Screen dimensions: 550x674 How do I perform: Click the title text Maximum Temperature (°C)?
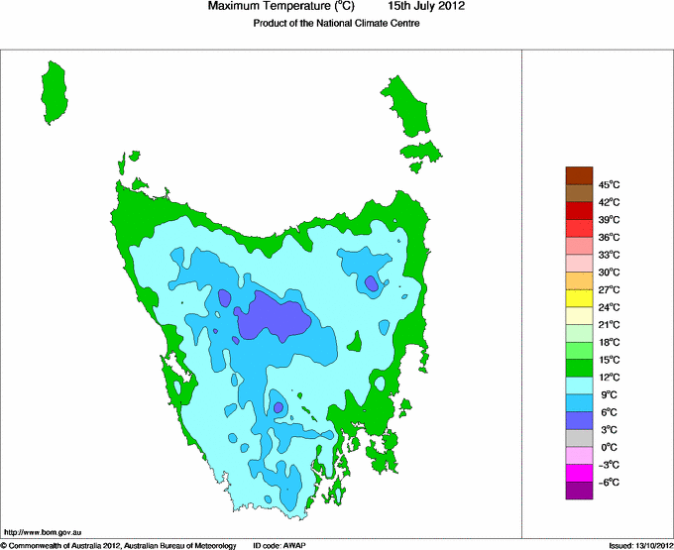click(281, 7)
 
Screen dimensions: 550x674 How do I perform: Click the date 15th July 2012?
click(426, 7)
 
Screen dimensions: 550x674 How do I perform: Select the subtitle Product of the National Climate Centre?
click(336, 25)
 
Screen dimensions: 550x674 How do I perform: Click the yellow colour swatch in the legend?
click(579, 298)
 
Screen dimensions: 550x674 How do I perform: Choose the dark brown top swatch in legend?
click(579, 175)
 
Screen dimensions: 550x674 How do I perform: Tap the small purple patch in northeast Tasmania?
click(372, 284)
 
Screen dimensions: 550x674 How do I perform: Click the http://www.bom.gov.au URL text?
click(41, 532)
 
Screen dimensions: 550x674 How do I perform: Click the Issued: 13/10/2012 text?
click(638, 545)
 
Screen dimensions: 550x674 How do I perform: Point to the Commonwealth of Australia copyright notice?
click(119, 545)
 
